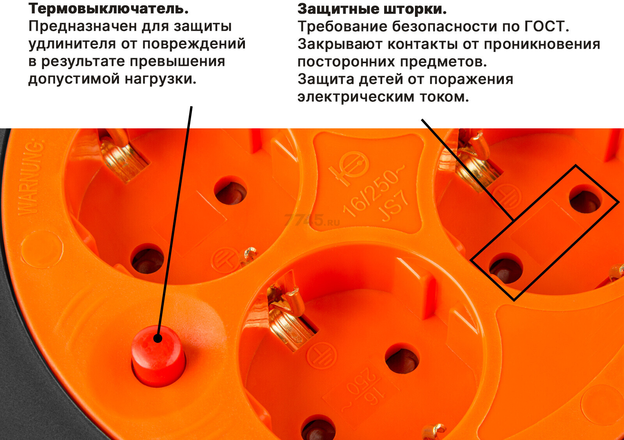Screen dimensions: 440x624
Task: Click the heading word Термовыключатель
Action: click(108, 9)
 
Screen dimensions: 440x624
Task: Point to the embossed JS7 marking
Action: click(395, 206)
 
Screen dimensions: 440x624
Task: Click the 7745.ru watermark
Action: click(312, 220)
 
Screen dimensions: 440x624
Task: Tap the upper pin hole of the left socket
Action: click(230, 191)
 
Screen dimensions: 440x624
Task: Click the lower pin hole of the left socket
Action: click(147, 259)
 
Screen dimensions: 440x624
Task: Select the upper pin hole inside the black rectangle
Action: click(585, 200)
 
